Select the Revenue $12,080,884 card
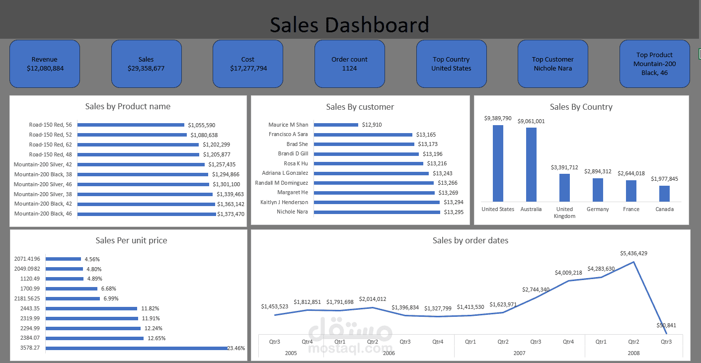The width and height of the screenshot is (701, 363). (x=45, y=64)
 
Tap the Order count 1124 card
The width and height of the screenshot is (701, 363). (x=349, y=64)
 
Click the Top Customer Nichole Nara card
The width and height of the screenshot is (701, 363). (x=552, y=64)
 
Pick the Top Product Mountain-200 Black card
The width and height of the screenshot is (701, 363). (x=654, y=64)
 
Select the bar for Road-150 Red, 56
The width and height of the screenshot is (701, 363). (x=131, y=125)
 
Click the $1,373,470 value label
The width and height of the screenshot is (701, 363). (x=231, y=214)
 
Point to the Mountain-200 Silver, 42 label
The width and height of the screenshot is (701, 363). (x=43, y=164)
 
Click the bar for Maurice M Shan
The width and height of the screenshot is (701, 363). (x=336, y=125)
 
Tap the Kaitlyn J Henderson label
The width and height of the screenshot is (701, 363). (x=284, y=202)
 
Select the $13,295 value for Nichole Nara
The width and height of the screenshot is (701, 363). (x=454, y=212)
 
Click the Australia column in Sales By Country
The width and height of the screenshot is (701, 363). (x=531, y=164)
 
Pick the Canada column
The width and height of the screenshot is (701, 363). (x=664, y=193)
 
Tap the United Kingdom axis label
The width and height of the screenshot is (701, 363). (x=564, y=213)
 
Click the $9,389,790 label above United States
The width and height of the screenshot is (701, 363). (x=498, y=118)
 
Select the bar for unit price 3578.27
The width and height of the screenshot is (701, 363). (x=137, y=348)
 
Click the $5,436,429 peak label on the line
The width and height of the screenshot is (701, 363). (x=633, y=253)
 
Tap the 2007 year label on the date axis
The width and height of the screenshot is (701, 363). (x=519, y=353)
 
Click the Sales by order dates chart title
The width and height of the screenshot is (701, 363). (x=470, y=240)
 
